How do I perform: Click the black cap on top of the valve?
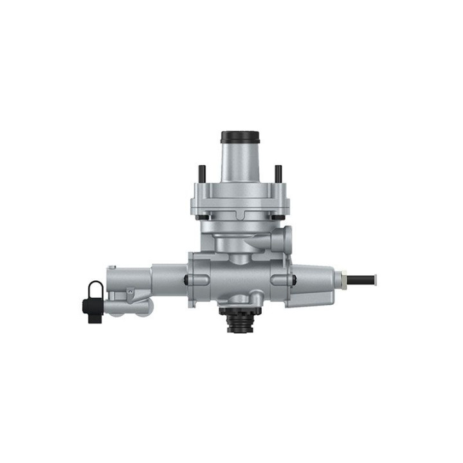click(x=240, y=138)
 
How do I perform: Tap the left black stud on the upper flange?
click(x=201, y=173)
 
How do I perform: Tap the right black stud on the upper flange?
click(x=278, y=173)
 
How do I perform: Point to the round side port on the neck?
click(x=281, y=239)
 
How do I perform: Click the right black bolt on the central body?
click(x=293, y=280)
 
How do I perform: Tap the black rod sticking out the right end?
click(x=363, y=279)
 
